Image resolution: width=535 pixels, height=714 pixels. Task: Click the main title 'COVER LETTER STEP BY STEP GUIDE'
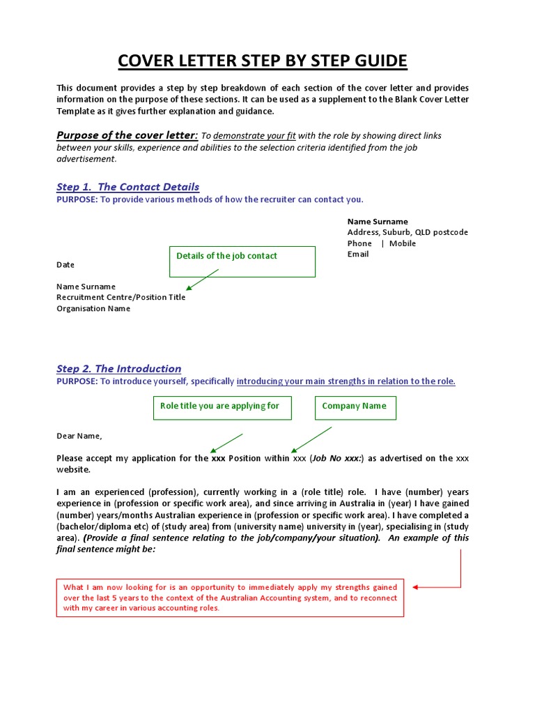(262, 61)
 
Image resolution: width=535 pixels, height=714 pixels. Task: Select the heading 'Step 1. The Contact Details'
(127, 187)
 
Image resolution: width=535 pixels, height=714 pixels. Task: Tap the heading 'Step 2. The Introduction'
(118, 369)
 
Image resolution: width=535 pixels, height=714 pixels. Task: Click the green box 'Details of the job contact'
(242, 261)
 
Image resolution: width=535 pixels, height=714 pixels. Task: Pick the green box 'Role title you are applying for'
(222, 408)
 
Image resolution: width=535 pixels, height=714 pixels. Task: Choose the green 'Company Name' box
(355, 408)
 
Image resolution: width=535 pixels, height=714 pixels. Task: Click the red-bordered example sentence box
(230, 598)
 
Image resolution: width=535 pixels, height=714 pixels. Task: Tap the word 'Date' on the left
(65, 265)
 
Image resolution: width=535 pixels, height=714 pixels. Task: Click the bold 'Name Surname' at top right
(378, 222)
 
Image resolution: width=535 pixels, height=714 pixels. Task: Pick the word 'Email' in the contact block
(358, 255)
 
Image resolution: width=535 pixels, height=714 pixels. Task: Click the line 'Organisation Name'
(93, 309)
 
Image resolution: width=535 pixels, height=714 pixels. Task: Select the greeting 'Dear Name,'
(79, 436)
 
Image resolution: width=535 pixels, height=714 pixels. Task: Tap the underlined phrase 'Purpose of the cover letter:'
(127, 135)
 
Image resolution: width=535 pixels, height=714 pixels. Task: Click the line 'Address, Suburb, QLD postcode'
(408, 232)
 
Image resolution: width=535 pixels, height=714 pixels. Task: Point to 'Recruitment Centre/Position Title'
(121, 298)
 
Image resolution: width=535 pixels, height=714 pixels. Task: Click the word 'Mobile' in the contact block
(403, 243)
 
